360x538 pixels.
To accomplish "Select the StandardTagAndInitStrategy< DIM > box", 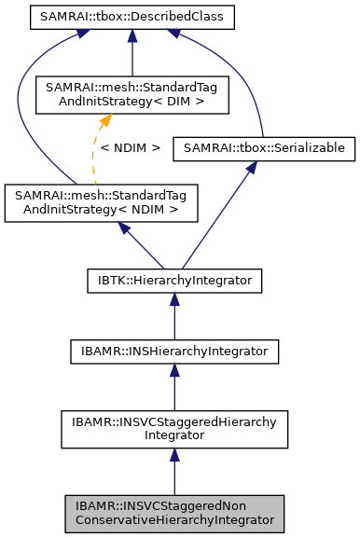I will [132, 95].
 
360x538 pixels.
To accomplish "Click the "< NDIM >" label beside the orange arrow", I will [130, 147].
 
